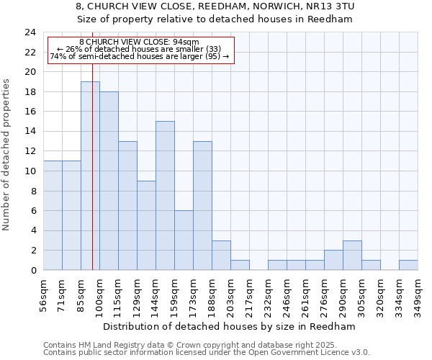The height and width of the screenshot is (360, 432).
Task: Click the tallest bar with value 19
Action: tap(90, 176)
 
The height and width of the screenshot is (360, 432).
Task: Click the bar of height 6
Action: tap(184, 240)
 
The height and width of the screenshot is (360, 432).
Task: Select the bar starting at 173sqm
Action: tap(202, 206)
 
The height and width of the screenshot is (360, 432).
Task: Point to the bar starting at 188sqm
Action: tap(221, 256)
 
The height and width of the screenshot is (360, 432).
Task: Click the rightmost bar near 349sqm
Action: tap(408, 265)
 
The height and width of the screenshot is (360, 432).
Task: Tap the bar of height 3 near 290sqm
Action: tap(352, 256)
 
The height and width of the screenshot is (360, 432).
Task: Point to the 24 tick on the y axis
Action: tap(30, 32)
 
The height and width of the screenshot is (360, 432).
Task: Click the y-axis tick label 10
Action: tap(30, 171)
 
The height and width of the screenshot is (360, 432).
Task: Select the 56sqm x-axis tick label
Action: tap(44, 294)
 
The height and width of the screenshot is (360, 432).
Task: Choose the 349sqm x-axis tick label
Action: tap(418, 294)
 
